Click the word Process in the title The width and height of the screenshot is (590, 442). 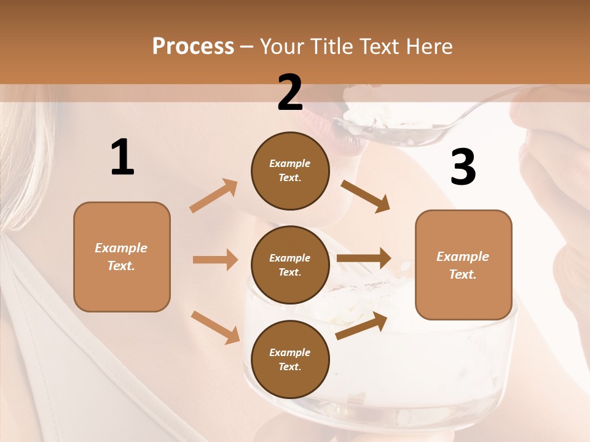(193, 47)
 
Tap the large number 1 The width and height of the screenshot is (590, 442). (122, 157)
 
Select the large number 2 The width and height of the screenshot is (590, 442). (290, 93)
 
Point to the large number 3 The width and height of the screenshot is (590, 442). (463, 168)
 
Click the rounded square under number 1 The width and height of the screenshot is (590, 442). (122, 257)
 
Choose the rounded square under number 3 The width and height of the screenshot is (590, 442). (463, 265)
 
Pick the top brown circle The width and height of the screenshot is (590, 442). (290, 171)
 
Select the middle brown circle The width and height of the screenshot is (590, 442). (290, 265)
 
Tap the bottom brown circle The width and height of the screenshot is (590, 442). (290, 359)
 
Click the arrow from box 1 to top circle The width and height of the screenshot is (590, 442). (214, 196)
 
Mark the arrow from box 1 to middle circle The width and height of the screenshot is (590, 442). (214, 260)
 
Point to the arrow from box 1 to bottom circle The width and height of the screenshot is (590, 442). (215, 327)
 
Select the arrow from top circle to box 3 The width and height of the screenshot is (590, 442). (365, 196)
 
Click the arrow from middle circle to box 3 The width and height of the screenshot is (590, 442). (364, 258)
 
